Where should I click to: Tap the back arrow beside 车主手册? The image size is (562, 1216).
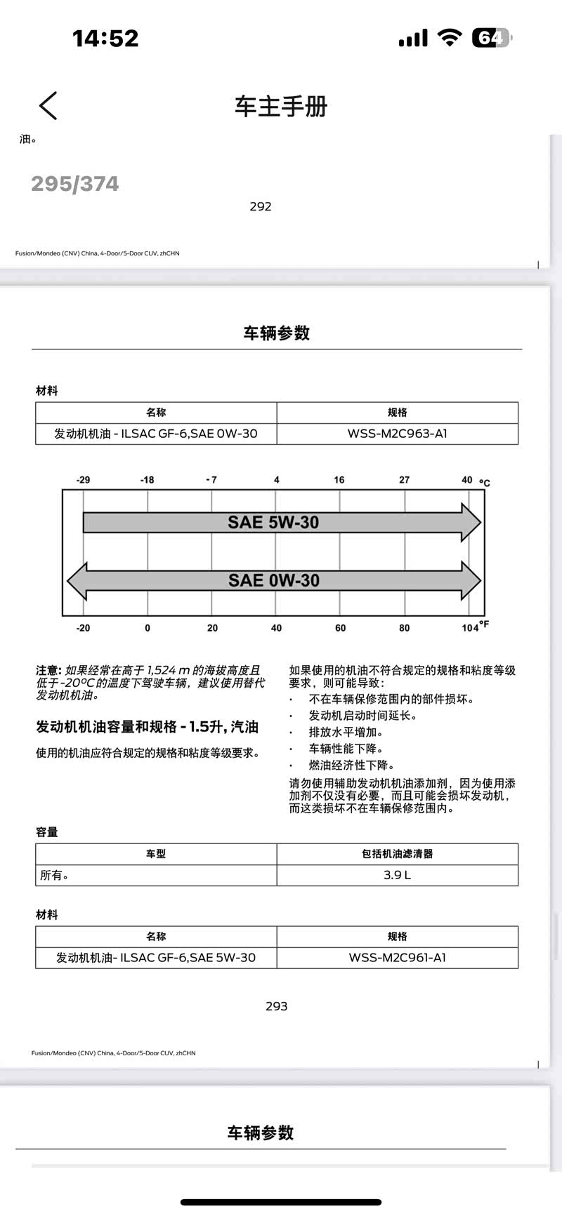click(x=48, y=106)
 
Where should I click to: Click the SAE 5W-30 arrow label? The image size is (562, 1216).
click(x=273, y=523)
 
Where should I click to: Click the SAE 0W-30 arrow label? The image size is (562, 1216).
click(x=273, y=581)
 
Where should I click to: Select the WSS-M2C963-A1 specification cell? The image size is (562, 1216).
click(x=397, y=434)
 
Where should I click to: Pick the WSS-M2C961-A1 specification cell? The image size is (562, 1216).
click(x=397, y=958)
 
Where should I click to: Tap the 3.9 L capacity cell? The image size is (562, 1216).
click(x=397, y=875)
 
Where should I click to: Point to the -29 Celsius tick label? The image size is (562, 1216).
click(x=83, y=480)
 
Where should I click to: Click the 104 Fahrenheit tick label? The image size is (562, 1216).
click(x=470, y=628)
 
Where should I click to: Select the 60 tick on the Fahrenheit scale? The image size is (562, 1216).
click(x=340, y=628)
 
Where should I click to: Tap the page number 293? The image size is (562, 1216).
click(x=276, y=1006)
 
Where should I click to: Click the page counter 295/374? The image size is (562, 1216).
click(x=75, y=184)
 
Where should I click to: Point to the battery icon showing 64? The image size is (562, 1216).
click(x=491, y=38)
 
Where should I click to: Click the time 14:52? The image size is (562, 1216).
click(x=105, y=38)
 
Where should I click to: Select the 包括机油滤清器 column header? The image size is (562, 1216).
click(x=397, y=854)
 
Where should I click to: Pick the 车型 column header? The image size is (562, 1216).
click(x=156, y=854)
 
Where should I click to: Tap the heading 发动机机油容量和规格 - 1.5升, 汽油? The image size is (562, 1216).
click(x=148, y=727)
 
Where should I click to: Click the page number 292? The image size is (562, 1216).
click(x=260, y=206)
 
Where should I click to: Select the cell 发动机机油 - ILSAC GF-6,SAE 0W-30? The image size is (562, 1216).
click(x=156, y=434)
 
